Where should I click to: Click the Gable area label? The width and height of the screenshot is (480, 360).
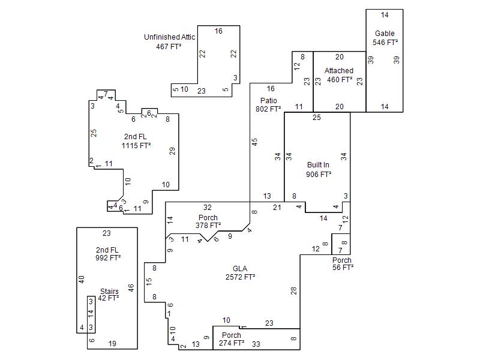[385, 34]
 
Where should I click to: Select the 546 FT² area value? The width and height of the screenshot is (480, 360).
[385, 43]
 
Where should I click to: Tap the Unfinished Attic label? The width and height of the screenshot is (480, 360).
[170, 37]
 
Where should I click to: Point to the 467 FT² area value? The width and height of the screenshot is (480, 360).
[169, 47]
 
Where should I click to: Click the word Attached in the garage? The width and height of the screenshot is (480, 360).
[339, 71]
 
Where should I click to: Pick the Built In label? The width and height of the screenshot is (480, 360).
[318, 165]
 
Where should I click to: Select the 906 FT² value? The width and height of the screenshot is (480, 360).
[319, 175]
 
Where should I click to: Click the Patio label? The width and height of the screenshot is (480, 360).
[269, 100]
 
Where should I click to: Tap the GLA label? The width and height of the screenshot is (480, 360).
[240, 269]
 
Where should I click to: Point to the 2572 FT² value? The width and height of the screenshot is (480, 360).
[241, 277]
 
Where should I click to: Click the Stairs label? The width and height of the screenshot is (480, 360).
[109, 291]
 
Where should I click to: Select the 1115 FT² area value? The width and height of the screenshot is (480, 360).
[136, 146]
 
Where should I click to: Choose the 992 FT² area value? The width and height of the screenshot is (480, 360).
[108, 258]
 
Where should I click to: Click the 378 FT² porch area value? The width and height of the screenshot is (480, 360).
[208, 226]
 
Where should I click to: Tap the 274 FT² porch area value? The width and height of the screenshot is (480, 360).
[232, 343]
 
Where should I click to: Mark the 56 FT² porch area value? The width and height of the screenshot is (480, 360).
[343, 268]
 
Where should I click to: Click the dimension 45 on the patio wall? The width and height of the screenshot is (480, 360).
[254, 142]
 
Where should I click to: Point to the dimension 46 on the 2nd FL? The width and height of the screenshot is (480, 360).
[131, 288]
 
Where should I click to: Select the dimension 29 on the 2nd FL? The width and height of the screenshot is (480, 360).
[172, 151]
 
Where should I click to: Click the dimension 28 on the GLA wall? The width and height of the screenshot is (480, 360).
[293, 291]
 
